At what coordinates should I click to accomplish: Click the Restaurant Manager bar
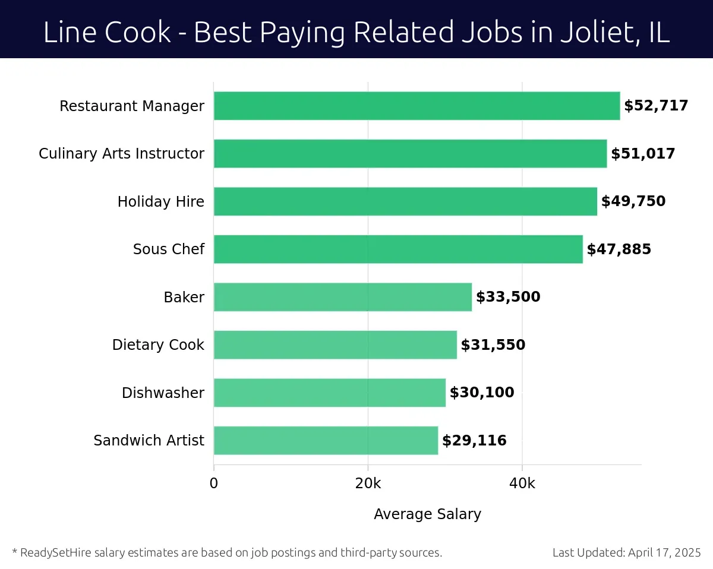pos(416,106)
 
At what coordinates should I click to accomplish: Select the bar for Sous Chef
pos(398,249)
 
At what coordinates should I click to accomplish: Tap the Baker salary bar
pos(342,297)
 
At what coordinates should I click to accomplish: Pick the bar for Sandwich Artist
pos(326,440)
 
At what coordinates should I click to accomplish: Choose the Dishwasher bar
pos(329,393)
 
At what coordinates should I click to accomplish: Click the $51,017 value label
pos(643,154)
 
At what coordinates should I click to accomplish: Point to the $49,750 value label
pos(633,201)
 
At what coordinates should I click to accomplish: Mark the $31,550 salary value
pos(493,345)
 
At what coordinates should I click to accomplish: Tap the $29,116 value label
pos(474,441)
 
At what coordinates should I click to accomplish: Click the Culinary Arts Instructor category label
pos(121,154)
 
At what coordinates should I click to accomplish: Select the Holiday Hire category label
pos(160,202)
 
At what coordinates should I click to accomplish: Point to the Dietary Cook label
pos(158,345)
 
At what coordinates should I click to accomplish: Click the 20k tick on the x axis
pos(368,483)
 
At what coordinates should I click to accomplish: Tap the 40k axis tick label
pos(522,483)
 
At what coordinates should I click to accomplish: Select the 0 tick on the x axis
pos(214,483)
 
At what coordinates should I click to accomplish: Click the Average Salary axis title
pos(427,514)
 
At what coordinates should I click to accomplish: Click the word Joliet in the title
pos(595,33)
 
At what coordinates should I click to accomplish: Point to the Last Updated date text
pos(627,553)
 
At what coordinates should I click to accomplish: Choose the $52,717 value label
pos(656,106)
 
